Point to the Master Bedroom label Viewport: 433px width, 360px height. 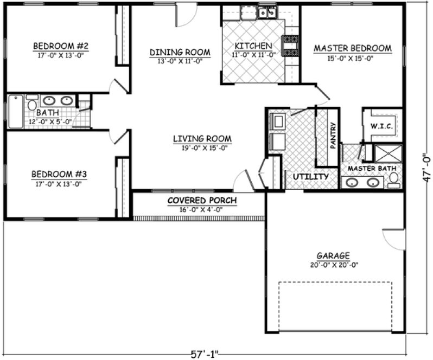point(352,48)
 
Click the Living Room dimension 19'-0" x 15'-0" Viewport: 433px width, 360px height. point(202,147)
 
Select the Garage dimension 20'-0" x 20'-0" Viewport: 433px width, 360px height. point(333,265)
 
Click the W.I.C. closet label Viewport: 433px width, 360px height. point(382,126)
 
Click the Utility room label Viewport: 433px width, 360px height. point(310,177)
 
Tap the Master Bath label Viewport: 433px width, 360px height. point(372,169)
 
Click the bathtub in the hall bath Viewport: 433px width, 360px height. point(15,112)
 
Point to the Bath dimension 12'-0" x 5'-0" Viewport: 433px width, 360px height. point(50,122)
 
